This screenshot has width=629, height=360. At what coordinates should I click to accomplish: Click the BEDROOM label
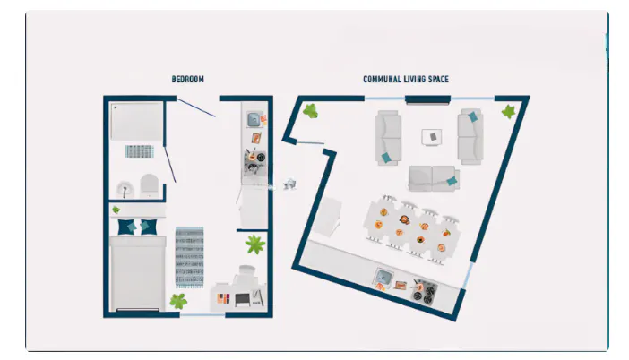[188, 79]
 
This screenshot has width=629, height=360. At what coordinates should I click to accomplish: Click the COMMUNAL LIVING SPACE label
[406, 79]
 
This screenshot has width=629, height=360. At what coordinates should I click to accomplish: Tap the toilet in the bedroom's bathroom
[150, 185]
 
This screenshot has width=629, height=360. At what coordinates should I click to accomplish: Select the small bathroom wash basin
[125, 190]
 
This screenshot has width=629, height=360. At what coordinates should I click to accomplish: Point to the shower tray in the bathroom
[137, 121]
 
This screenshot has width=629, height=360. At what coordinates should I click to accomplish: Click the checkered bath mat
[140, 151]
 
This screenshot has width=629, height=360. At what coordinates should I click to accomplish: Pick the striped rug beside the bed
[189, 257]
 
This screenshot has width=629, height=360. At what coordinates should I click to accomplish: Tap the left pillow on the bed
[126, 227]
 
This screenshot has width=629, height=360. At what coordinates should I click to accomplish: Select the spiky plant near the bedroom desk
[255, 244]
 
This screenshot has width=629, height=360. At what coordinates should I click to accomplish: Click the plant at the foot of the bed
[178, 301]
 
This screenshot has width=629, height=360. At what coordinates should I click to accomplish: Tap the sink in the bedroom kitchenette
[254, 119]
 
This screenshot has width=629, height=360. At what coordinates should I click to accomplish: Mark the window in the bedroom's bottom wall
[202, 315]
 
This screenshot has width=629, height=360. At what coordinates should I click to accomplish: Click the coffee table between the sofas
[432, 137]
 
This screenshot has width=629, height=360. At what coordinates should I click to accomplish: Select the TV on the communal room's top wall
[427, 99]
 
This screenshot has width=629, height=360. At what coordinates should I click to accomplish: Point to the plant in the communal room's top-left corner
[311, 111]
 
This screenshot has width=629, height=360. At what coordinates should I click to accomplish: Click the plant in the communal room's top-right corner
[508, 112]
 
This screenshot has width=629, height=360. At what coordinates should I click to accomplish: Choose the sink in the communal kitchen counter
[383, 277]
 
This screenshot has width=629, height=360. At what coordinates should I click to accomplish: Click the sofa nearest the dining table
[434, 178]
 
